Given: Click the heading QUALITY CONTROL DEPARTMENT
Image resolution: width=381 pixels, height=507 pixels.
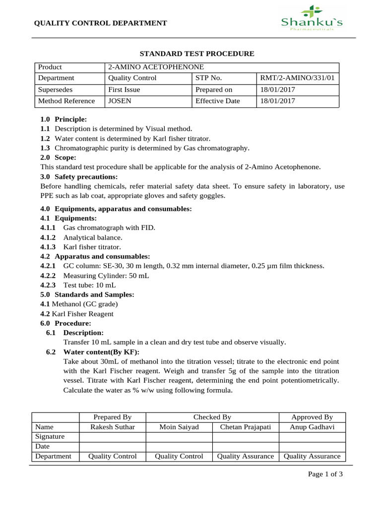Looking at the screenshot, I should pyautogui.click(x=100, y=23).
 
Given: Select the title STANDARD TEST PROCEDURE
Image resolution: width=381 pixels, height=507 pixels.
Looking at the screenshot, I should pyautogui.click(x=196, y=53).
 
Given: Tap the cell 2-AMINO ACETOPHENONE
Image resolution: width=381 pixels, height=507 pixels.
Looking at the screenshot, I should pyautogui.click(x=155, y=67).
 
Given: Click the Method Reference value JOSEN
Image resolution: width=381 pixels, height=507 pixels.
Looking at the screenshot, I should pyautogui.click(x=119, y=101).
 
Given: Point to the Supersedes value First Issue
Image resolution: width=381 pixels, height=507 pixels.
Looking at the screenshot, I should pyautogui.click(x=124, y=90).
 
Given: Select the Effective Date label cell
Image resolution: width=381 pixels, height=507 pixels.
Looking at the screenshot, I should pyautogui.click(x=217, y=101).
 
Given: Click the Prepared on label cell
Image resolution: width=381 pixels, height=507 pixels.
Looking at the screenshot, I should pyautogui.click(x=214, y=90).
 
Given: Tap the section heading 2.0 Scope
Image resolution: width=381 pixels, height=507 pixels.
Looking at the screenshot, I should pyautogui.click(x=59, y=157).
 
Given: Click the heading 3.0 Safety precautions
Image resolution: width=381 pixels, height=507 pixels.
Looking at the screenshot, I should pyautogui.click(x=79, y=177).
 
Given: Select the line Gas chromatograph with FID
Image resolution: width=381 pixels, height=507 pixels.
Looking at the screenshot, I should pyautogui.click(x=109, y=227).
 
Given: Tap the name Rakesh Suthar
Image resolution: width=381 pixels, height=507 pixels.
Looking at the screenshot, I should pyautogui.click(x=112, y=427).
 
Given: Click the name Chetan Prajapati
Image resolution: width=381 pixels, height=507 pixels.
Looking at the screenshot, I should pyautogui.click(x=246, y=427).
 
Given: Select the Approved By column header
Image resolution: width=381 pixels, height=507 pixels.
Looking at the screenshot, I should pyautogui.click(x=312, y=417).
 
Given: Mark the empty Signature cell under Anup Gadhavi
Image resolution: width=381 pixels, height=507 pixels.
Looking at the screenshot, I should pyautogui.click(x=312, y=437).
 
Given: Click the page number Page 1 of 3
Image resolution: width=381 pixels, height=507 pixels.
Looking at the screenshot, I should pyautogui.click(x=325, y=474).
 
